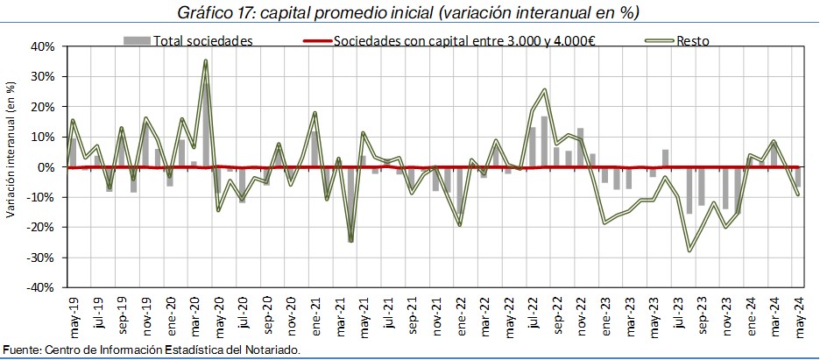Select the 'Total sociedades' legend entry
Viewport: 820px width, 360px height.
(x=188, y=41)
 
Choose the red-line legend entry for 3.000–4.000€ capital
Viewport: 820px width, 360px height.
(x=449, y=41)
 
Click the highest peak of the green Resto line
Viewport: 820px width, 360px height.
(x=206, y=61)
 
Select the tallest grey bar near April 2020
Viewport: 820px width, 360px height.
(x=206, y=126)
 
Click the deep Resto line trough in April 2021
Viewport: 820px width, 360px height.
(x=350, y=240)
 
